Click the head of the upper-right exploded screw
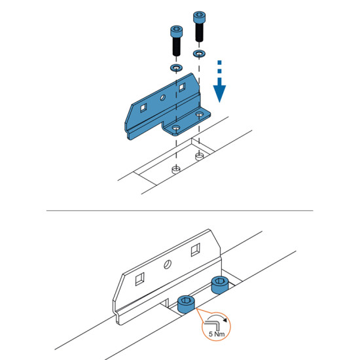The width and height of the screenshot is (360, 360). [x=200, y=17]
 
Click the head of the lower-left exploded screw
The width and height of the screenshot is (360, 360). [x=177, y=31]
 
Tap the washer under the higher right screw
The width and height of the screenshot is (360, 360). [x=199, y=54]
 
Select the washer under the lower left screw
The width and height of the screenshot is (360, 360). [x=176, y=67]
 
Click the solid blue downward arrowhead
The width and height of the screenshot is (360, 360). [x=219, y=93]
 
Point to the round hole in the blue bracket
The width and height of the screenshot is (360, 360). [x=162, y=98]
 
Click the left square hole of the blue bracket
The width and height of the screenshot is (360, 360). [x=143, y=107]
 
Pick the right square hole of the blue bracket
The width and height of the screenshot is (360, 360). [x=182, y=87]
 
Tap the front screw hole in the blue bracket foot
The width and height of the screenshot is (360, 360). [x=176, y=128]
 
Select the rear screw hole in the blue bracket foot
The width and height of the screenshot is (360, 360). [x=199, y=114]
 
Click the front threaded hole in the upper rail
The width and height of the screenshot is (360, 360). [x=176, y=170]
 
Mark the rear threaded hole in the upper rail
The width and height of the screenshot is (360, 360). [x=199, y=156]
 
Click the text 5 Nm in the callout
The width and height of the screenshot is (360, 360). [x=217, y=334]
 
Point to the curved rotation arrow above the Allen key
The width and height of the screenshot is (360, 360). [x=218, y=317]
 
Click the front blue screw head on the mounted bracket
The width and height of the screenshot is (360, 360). [x=186, y=304]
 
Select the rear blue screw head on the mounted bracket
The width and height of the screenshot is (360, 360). [x=220, y=285]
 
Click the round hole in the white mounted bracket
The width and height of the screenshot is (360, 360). [x=168, y=264]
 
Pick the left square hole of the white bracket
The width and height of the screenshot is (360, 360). [x=140, y=279]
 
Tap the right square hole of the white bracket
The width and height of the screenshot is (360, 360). [x=196, y=250]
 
